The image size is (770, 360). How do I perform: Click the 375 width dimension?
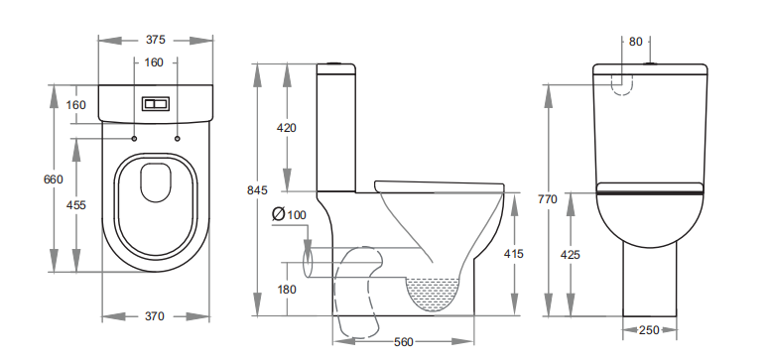pos(155,40)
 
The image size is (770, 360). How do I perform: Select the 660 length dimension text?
pos(54,180)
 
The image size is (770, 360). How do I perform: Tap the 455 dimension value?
pos(76,205)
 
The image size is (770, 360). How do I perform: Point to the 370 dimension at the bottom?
pos(154,316)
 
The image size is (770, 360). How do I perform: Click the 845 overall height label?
pos(257,190)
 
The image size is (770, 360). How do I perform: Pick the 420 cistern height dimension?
pos(287,128)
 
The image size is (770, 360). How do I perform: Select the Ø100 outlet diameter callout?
pos(289,214)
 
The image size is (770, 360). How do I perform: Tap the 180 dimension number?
pos(287,290)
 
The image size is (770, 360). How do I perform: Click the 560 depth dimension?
pos(404,342)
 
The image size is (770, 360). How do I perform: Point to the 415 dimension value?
pos(514,254)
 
